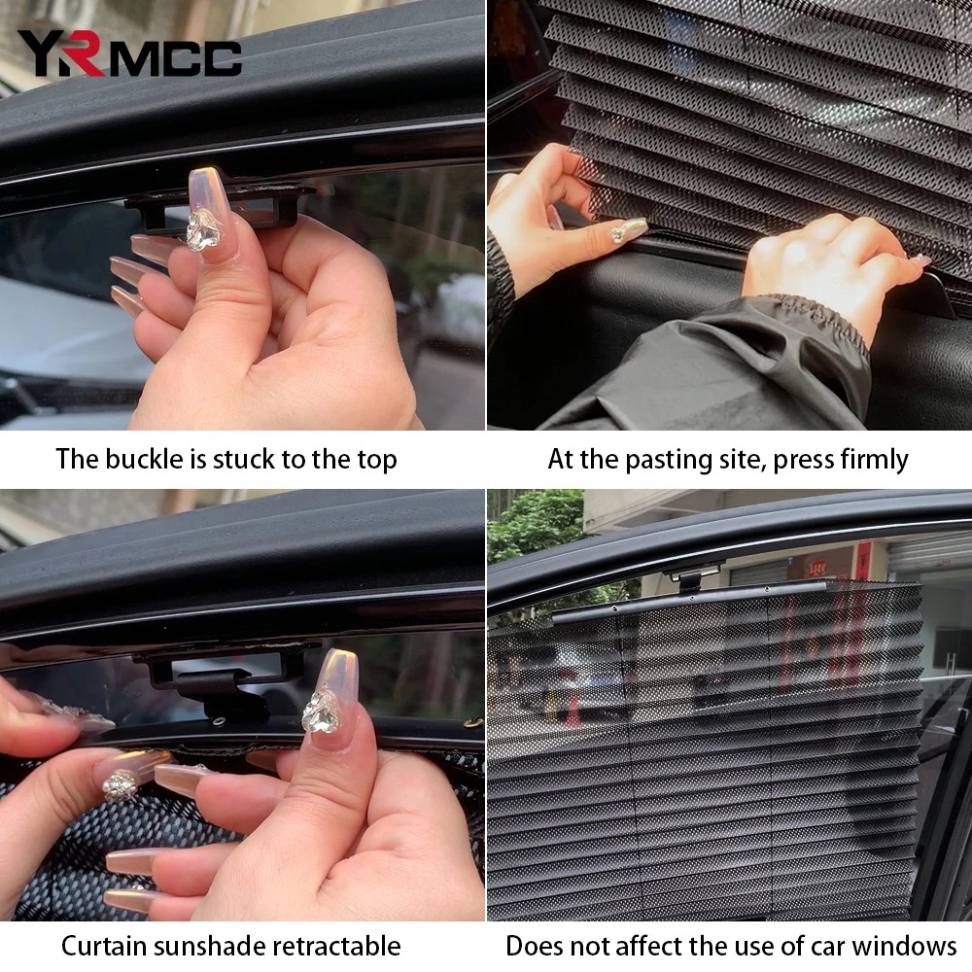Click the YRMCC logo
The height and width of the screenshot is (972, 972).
click(129, 53)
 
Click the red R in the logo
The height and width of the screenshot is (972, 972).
click(85, 53)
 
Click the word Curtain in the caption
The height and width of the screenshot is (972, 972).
click(104, 947)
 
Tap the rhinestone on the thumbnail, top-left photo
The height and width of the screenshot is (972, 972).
click(203, 230)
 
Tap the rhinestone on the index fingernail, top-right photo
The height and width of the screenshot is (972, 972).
click(621, 232)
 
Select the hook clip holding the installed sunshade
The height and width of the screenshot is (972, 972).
click(691, 576)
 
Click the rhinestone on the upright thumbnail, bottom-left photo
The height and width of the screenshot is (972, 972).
click(321, 712)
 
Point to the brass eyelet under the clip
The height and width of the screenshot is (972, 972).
click(218, 720)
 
